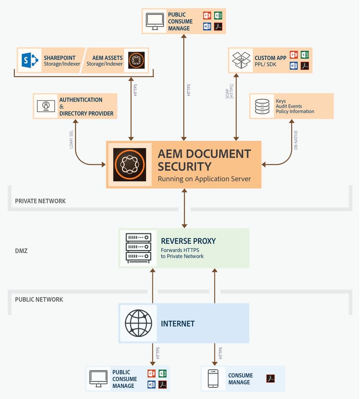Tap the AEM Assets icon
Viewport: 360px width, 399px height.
click(134, 60)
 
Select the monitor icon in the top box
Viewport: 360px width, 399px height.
click(155, 21)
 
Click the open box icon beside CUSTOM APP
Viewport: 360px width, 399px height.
click(241, 60)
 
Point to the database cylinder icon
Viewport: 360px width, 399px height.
click(262, 107)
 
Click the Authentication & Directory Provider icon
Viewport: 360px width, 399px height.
click(46, 106)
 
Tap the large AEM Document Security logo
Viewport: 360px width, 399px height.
click(130, 165)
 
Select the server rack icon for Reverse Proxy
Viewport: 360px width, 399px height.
click(138, 248)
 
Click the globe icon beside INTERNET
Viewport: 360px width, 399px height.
click(138, 323)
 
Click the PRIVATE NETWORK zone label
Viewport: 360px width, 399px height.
click(40, 201)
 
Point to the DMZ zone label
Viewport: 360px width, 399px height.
click(21, 251)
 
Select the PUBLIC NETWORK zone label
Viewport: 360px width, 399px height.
click(39, 300)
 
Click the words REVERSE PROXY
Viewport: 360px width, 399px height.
click(188, 241)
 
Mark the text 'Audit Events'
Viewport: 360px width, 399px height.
click(289, 107)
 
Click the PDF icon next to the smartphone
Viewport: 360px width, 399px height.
click(270, 379)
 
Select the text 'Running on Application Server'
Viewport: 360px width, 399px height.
click(204, 179)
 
